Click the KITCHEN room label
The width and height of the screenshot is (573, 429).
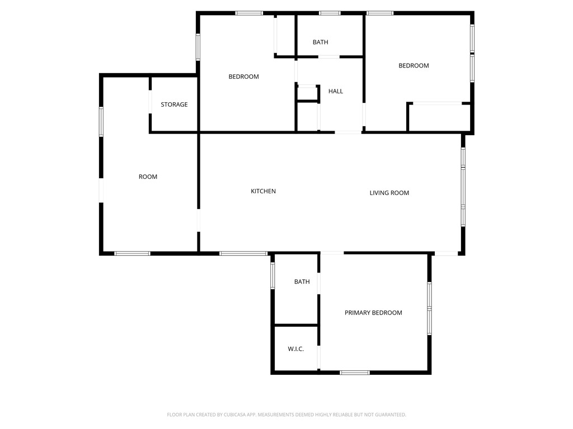pyautogui.click(x=263, y=192)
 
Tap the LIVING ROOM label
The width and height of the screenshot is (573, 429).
pyautogui.click(x=389, y=193)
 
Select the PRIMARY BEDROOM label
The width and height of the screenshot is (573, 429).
pyautogui.click(x=373, y=313)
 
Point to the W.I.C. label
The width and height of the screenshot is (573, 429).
pyautogui.click(x=295, y=349)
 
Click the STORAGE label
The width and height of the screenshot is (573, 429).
pyautogui.click(x=174, y=105)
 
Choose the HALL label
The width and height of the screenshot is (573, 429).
pyautogui.click(x=336, y=92)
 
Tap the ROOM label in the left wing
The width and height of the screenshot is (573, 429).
pyautogui.click(x=148, y=177)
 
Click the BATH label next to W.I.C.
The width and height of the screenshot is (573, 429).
pyautogui.click(x=302, y=282)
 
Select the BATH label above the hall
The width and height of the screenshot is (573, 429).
pyautogui.click(x=320, y=42)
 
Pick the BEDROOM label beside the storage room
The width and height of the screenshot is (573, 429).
pyautogui.click(x=243, y=77)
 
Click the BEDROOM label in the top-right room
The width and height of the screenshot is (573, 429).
pyautogui.click(x=414, y=66)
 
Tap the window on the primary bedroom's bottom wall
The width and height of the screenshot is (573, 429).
pyautogui.click(x=355, y=372)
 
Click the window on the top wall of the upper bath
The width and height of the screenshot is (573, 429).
pyautogui.click(x=330, y=13)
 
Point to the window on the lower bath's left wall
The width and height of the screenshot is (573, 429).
pyautogui.click(x=273, y=275)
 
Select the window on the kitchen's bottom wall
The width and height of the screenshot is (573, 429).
pyautogui.click(x=243, y=254)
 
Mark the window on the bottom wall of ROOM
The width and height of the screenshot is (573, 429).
pyautogui.click(x=132, y=254)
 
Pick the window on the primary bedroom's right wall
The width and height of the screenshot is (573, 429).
pyautogui.click(x=429, y=308)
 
